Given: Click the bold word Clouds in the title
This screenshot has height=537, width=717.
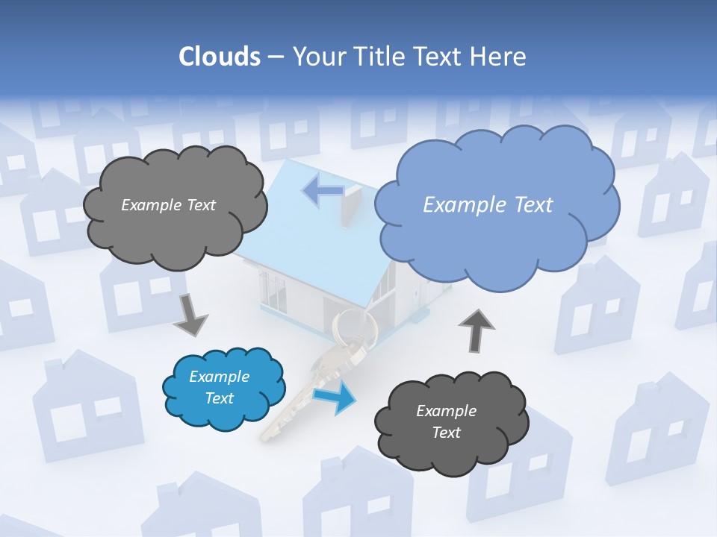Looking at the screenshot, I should click(x=219, y=57).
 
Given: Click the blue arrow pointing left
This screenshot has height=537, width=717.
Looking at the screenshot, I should click(x=323, y=191).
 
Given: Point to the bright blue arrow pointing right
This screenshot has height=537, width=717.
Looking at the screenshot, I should click(x=335, y=397).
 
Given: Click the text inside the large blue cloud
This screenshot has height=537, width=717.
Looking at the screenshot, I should click(x=488, y=205).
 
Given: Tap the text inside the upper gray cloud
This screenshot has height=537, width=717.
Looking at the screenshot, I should click(x=168, y=205).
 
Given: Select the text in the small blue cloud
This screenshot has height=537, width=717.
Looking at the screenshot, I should click(x=220, y=388).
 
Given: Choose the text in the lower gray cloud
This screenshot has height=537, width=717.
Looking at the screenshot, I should click(x=447, y=421).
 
